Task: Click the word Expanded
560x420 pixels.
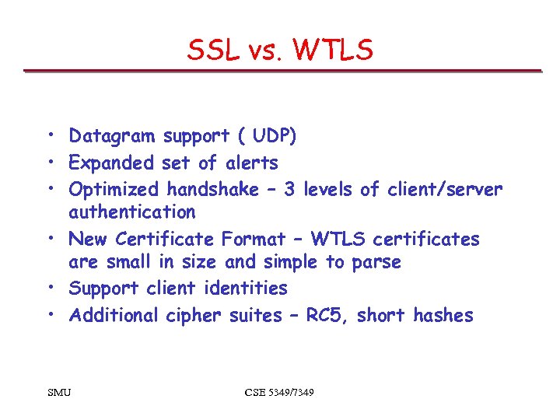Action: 112,163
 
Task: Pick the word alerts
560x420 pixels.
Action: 251,163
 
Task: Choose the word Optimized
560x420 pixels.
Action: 114,190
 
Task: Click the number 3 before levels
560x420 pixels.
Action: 289,190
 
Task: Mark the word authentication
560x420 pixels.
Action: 132,212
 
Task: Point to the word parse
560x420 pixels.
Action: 375,262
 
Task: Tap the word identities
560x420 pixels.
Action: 246,289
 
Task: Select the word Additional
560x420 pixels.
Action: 114,315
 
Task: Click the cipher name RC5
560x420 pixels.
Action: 327,315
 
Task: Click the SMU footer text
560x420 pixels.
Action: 58,393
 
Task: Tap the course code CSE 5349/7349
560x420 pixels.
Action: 279,393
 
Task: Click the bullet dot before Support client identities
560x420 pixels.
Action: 48,289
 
